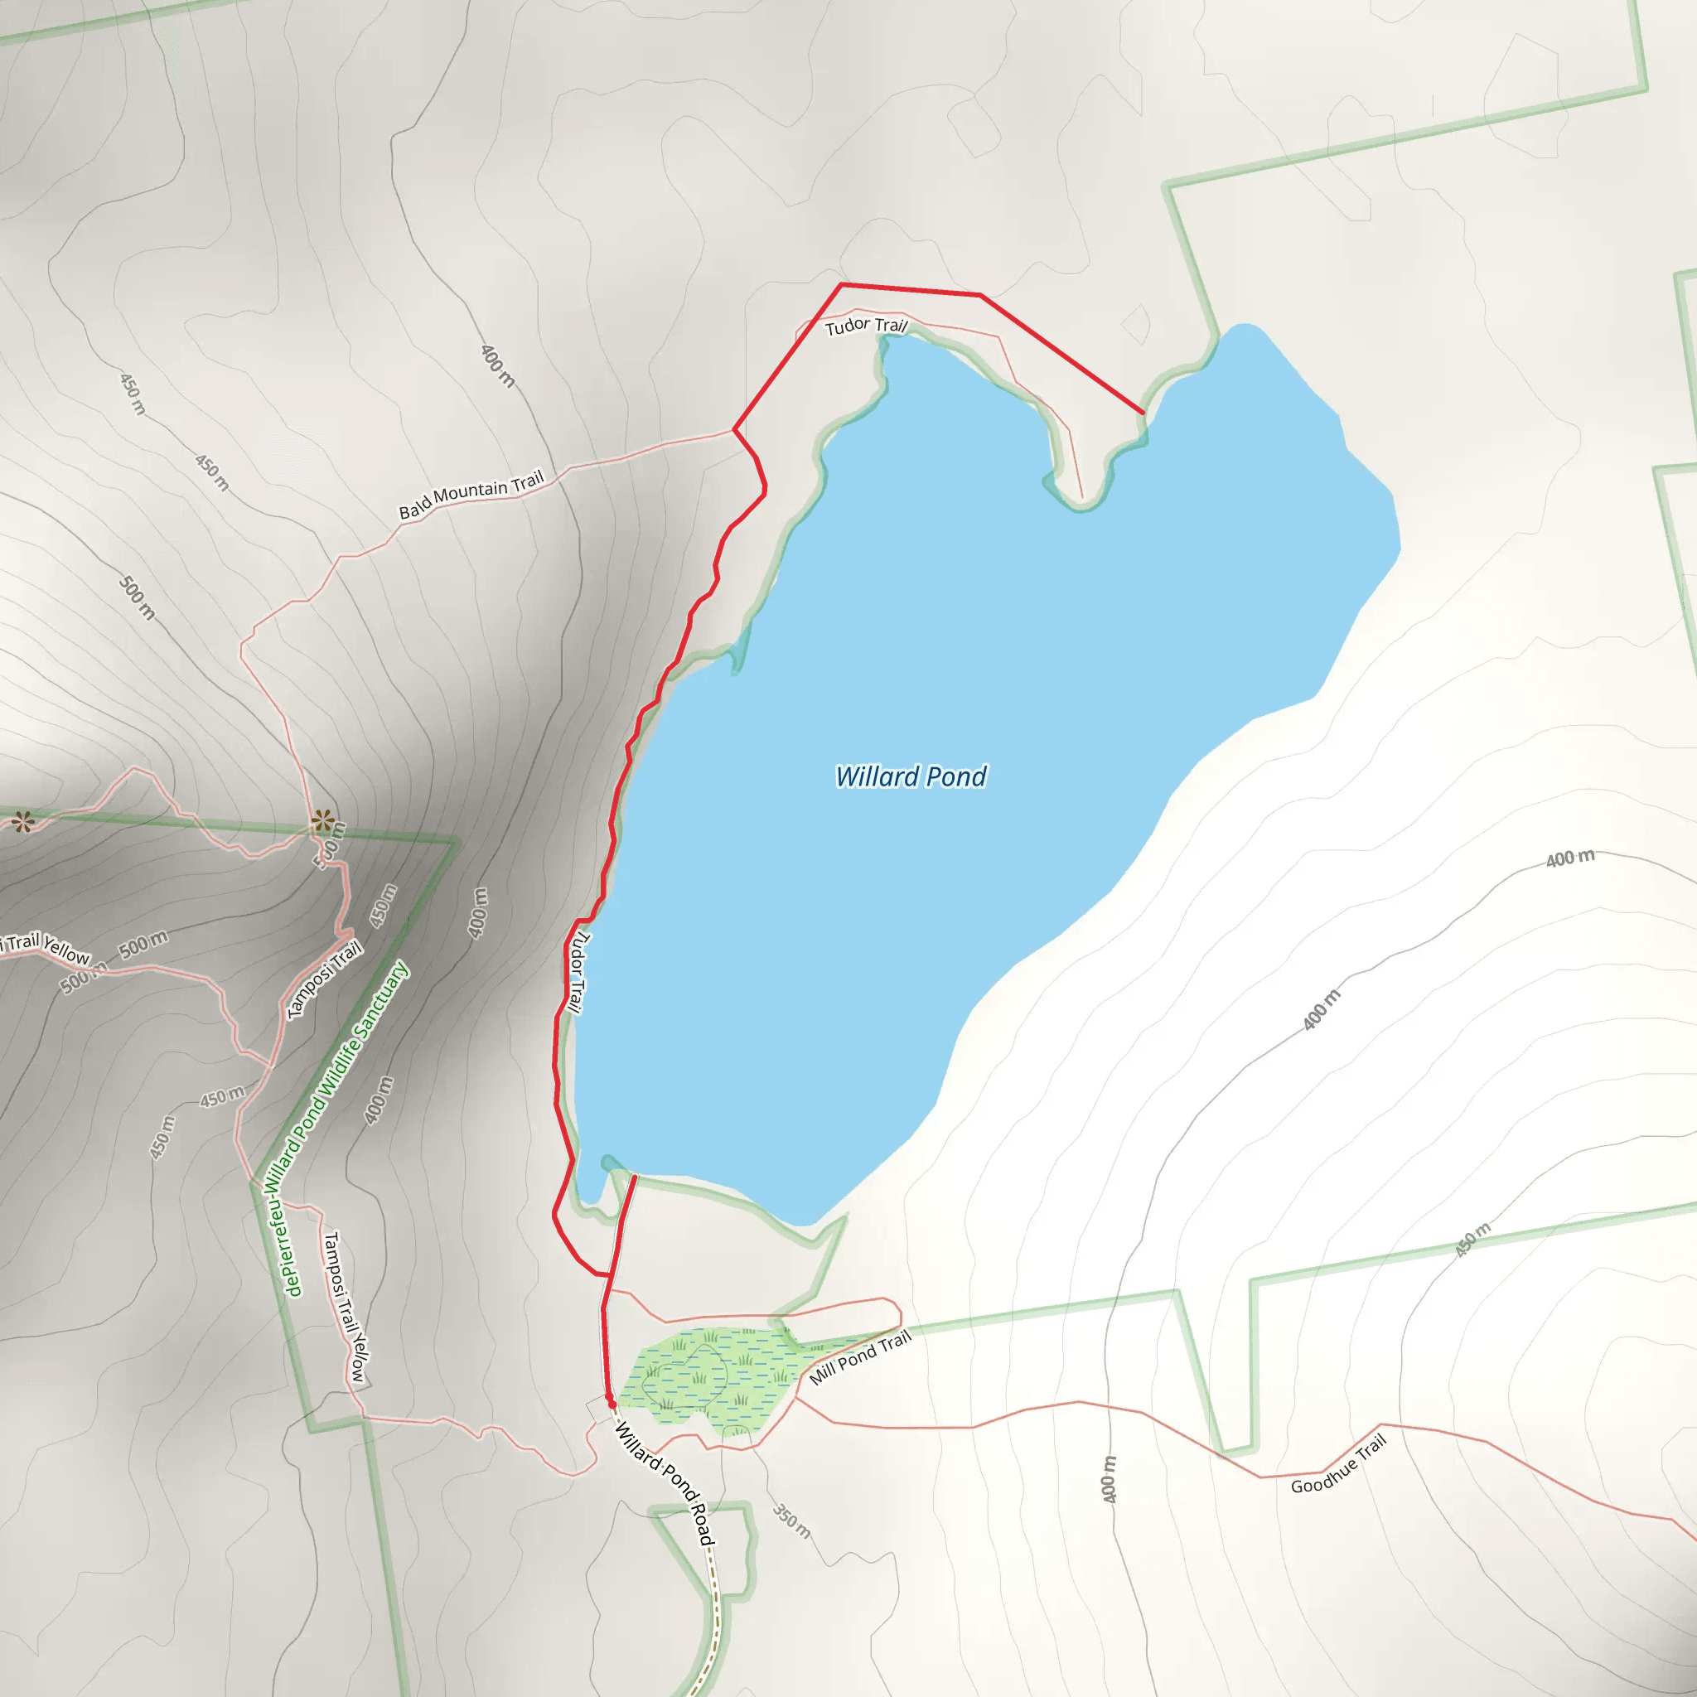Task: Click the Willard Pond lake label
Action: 911,776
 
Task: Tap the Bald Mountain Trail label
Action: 471,495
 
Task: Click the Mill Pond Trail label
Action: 860,1358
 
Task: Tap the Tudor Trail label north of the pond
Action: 865,326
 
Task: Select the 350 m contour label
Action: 791,1521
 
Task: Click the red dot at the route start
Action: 612,1404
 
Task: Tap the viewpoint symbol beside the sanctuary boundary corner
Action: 322,821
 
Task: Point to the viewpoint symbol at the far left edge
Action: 23,822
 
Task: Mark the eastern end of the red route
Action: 1143,412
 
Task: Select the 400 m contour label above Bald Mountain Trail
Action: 497,366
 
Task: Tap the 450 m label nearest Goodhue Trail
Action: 1473,1240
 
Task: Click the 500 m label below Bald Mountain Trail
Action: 137,598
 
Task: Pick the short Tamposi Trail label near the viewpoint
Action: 325,980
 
